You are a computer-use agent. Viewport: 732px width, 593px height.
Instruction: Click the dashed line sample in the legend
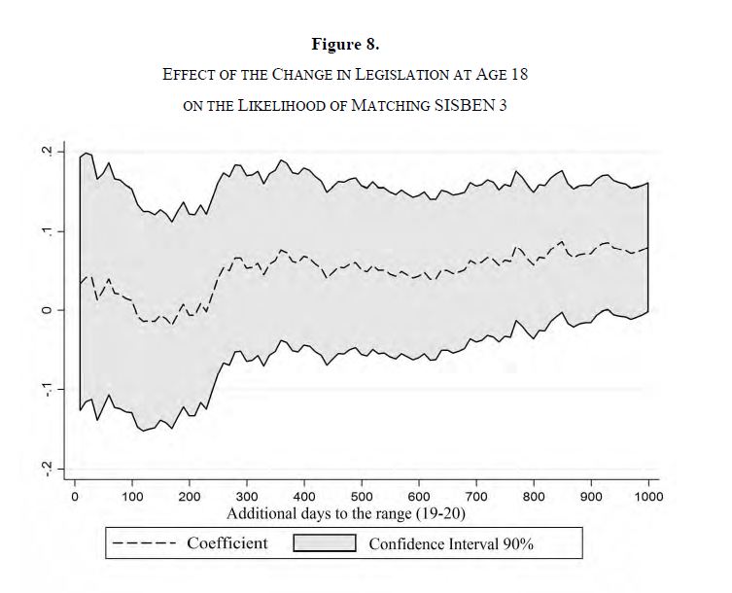coord(143,542)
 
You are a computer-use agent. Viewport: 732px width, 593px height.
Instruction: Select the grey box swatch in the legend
coord(324,542)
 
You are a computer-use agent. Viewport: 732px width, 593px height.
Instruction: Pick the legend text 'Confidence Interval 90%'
coord(451,543)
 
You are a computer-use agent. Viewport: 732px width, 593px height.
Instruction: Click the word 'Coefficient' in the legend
coord(227,542)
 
